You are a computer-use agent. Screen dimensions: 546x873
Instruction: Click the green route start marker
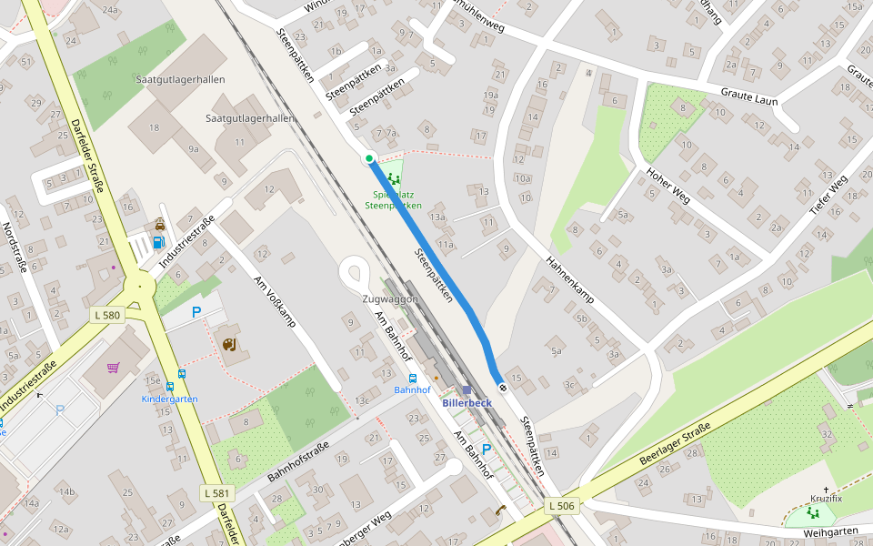(369, 159)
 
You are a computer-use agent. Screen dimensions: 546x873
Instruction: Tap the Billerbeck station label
(467, 402)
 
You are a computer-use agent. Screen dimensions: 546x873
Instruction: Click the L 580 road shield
(107, 316)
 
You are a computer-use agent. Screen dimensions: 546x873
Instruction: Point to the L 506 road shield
(562, 505)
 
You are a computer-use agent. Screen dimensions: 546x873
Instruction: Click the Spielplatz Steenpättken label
(393, 199)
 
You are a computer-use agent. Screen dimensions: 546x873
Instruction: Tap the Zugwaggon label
(390, 299)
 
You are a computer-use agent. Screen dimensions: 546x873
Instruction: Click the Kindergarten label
(170, 399)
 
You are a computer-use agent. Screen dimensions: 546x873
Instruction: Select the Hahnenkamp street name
(569, 278)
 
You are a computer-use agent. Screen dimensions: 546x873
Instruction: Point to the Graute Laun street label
(749, 96)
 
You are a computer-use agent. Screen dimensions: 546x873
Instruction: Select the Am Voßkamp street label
(276, 301)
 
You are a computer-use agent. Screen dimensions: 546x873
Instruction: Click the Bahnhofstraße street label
(298, 461)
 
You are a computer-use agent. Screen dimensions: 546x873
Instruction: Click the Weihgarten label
(831, 531)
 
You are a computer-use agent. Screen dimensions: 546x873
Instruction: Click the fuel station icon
(159, 242)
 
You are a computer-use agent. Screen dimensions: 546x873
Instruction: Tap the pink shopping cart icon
(114, 368)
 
